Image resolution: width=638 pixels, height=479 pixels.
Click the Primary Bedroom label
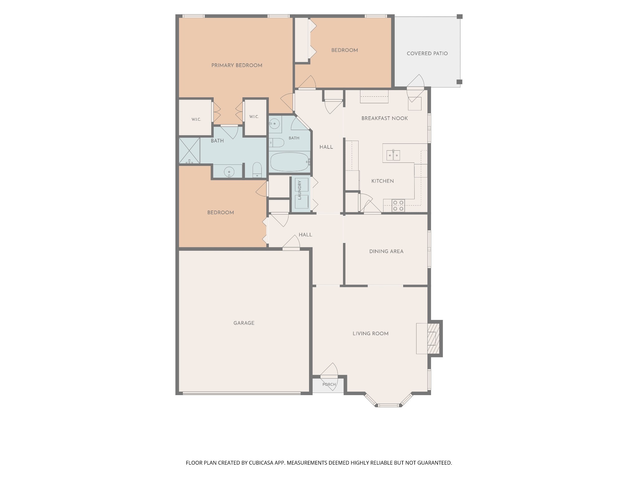tap(237, 65)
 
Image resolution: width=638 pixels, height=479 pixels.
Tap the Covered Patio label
tap(427, 54)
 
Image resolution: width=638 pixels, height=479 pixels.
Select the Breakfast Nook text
tap(385, 119)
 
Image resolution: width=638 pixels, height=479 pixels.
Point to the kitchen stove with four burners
tap(398, 206)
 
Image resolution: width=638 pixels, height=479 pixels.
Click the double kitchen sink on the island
tap(393, 155)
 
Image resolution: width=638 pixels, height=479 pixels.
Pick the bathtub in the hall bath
tap(289, 162)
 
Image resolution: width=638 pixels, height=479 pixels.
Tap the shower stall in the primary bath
tap(189, 151)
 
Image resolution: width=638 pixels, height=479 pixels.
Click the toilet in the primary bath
tap(257, 170)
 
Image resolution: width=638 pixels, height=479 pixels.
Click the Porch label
tap(329, 385)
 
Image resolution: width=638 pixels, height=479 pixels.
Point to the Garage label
tap(244, 323)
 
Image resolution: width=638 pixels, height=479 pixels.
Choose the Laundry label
tap(300, 190)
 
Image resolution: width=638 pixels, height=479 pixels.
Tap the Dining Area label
tap(386, 251)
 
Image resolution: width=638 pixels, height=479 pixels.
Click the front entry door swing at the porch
tap(330, 369)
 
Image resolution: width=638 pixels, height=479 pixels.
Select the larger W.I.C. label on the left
tap(196, 119)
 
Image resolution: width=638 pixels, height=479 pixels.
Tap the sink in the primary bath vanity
tap(229, 172)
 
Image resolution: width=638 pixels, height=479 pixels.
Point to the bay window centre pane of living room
tap(388, 405)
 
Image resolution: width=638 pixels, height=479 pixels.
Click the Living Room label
tap(370, 334)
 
